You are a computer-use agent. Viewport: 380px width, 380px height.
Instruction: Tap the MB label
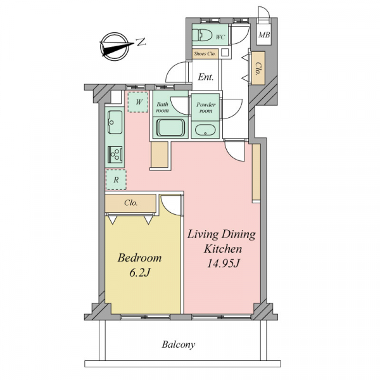(x=264, y=35)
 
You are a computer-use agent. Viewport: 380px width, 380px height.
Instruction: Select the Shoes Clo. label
(x=205, y=54)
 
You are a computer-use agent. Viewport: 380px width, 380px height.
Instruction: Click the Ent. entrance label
(x=205, y=77)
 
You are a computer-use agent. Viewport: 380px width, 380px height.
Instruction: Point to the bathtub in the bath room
(x=170, y=128)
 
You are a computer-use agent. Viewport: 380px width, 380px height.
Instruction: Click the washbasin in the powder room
(x=205, y=130)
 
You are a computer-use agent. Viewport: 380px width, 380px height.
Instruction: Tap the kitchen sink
(x=115, y=122)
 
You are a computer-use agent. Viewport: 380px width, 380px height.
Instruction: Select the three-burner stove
(x=115, y=155)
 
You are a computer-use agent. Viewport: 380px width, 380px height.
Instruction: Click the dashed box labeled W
(x=138, y=102)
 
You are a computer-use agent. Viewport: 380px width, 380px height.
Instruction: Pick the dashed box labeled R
(x=116, y=180)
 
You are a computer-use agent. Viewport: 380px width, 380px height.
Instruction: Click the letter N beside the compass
(x=141, y=42)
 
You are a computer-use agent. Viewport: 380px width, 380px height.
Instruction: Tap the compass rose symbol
(x=115, y=46)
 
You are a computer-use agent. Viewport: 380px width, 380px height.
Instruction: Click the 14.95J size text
(x=223, y=263)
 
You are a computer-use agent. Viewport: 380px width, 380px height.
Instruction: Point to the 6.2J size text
(x=140, y=273)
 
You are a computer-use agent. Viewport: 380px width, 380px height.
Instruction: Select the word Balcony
(x=179, y=345)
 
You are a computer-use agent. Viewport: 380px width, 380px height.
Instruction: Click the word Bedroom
(x=139, y=258)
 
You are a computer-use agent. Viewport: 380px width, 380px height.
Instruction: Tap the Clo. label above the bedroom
(x=131, y=203)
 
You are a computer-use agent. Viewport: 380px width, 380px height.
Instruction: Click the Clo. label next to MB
(x=258, y=68)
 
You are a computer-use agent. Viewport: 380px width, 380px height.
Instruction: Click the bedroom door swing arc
(x=167, y=208)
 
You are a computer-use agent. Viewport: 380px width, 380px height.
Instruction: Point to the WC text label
(x=220, y=37)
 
